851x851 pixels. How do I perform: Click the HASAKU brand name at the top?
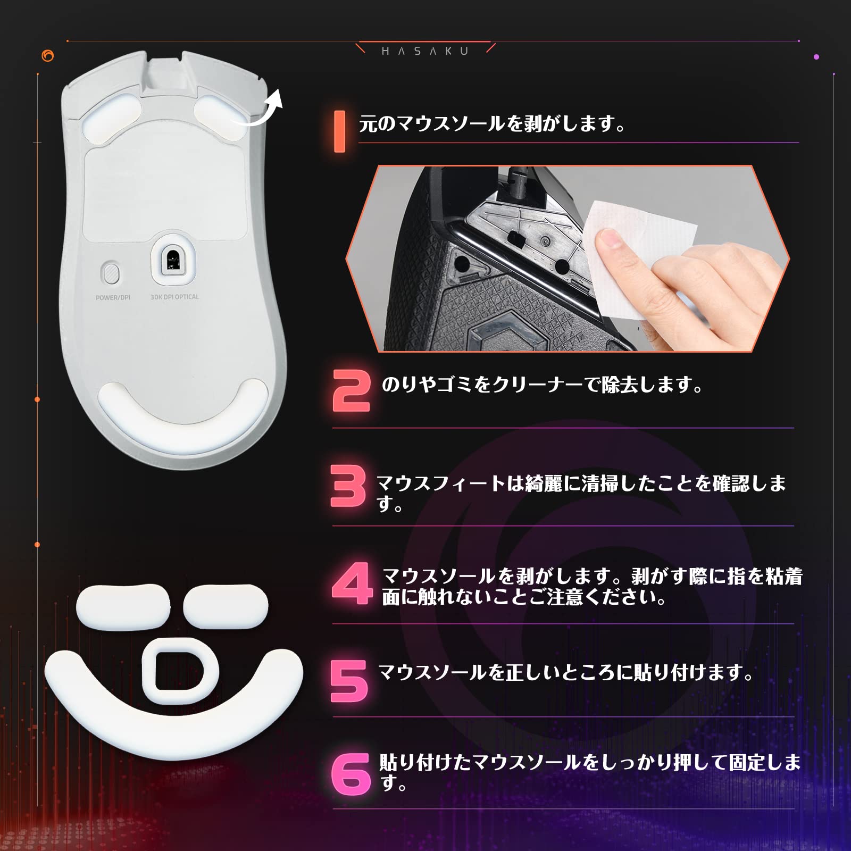(425, 51)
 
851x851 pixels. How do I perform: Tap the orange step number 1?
(339, 131)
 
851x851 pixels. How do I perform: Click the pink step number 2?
(351, 391)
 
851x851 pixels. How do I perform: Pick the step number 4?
(352, 583)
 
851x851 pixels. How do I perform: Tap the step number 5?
(349, 681)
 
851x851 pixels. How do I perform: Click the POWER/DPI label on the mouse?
(113, 297)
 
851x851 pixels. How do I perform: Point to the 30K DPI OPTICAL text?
(174, 297)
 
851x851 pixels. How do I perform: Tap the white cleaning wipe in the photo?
(638, 250)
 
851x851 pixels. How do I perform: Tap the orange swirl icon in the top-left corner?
(48, 56)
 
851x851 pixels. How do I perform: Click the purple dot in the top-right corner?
(816, 56)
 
